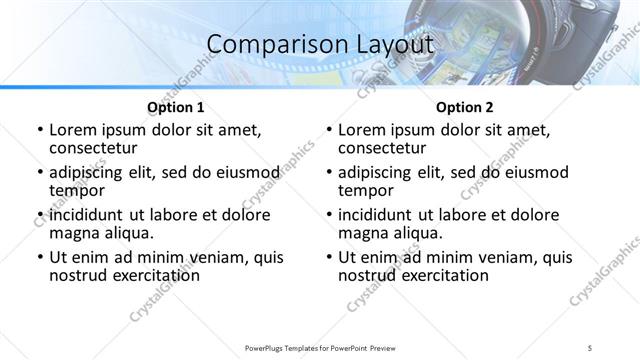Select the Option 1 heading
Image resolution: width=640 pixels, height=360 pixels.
pyautogui.click(x=176, y=106)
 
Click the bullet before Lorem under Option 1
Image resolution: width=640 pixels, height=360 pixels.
pyautogui.click(x=39, y=130)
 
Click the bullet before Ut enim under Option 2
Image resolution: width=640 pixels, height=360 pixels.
pyautogui.click(x=329, y=257)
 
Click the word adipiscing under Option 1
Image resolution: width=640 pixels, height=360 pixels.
pyautogui.click(x=87, y=172)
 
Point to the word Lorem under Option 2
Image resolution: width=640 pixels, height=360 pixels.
pyautogui.click(x=362, y=130)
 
